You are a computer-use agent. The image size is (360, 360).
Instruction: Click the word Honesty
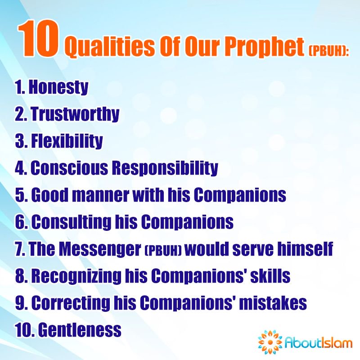tap(58, 87)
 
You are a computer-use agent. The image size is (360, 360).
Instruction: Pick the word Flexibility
tap(66, 141)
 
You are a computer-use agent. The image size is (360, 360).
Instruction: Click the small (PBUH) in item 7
tap(164, 251)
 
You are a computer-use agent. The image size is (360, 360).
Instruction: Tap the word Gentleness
tap(80, 330)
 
